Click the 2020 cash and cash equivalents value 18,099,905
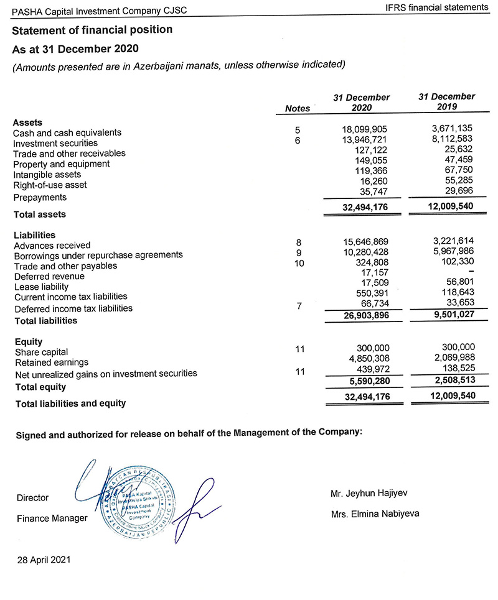365,130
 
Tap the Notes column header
297,108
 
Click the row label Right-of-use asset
50,185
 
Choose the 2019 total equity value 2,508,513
451,380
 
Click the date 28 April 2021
44,559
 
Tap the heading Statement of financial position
92,30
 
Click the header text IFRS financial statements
437,7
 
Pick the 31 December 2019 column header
446,101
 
